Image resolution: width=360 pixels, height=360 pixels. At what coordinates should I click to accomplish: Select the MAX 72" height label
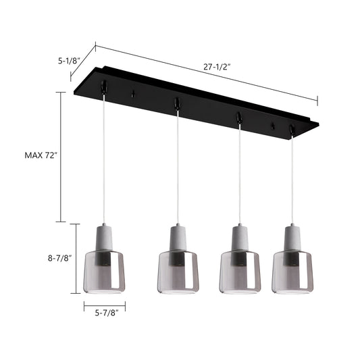pos(41,155)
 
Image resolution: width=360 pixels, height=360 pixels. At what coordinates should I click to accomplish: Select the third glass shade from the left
pos(240,274)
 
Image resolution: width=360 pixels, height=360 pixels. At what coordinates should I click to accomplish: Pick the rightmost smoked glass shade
pos(293,274)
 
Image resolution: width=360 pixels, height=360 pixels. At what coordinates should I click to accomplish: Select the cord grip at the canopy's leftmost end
pos(103,87)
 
